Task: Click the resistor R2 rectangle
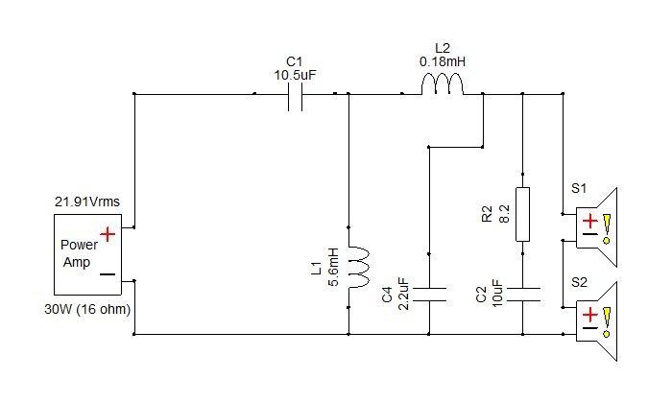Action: pyautogui.click(x=522, y=214)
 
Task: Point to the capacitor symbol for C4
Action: pyautogui.click(x=429, y=295)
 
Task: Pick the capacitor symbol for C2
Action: pyautogui.click(x=522, y=295)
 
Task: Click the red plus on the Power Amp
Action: pyautogui.click(x=108, y=234)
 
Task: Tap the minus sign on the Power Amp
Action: pyautogui.click(x=108, y=274)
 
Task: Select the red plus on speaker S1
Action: pyautogui.click(x=590, y=221)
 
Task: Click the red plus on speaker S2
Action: pyautogui.click(x=590, y=315)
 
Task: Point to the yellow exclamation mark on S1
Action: pyautogui.click(x=607, y=228)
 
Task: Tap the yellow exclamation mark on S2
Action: pyautogui.click(x=607, y=322)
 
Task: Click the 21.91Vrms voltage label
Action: pyautogui.click(x=87, y=201)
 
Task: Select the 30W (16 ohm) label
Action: pyautogui.click(x=87, y=309)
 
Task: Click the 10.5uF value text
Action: pyautogui.click(x=295, y=76)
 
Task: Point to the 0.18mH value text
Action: pyautogui.click(x=443, y=62)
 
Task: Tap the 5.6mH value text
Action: pyautogui.click(x=333, y=267)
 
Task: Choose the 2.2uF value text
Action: pyautogui.click(x=403, y=294)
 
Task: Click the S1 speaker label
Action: pyautogui.click(x=579, y=188)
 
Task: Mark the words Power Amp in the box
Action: pyautogui.click(x=80, y=253)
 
